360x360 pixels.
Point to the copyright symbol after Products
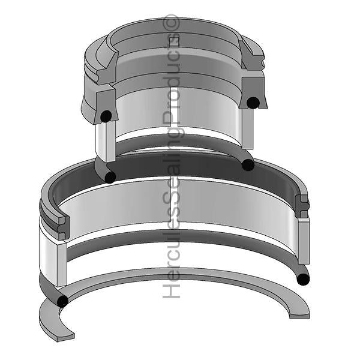pyautogui.click(x=172, y=23)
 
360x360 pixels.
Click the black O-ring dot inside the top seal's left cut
pyautogui.click(x=106, y=116)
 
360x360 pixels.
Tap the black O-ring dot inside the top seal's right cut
pyautogui.click(x=254, y=103)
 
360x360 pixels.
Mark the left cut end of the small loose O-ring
pyautogui.click(x=110, y=176)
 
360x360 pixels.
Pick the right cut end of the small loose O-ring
pyautogui.click(x=247, y=164)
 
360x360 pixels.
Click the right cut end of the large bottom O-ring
pyautogui.click(x=303, y=278)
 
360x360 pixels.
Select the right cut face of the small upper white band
pyautogui.click(x=247, y=129)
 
